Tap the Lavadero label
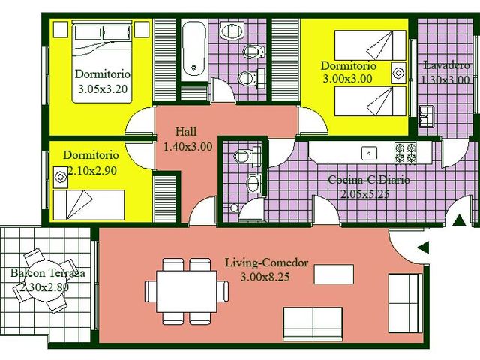(x=445, y=64)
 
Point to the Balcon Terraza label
(x=46, y=273)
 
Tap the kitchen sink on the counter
(x=369, y=152)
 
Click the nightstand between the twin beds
(x=399, y=73)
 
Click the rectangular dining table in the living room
(x=187, y=290)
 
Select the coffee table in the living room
(x=333, y=274)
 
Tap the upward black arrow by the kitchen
(x=458, y=220)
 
